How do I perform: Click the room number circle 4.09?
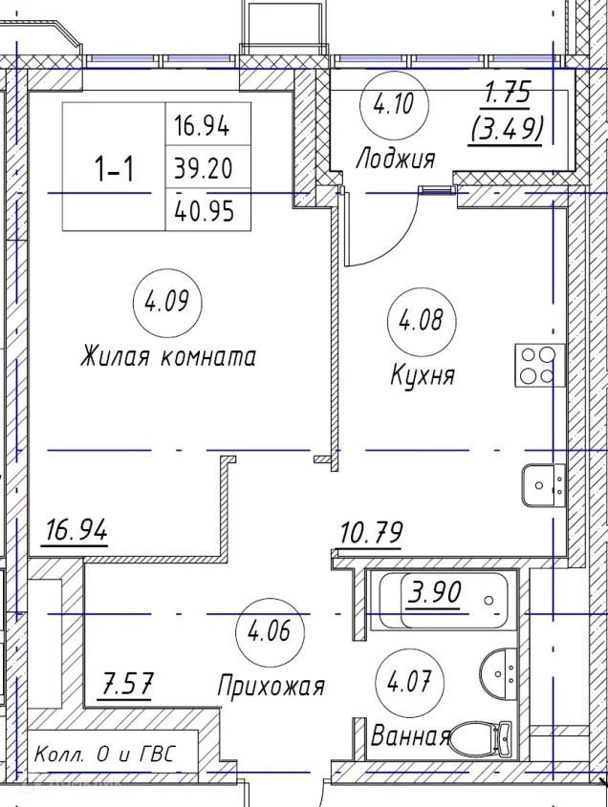click(167, 306)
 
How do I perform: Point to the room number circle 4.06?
click(270, 632)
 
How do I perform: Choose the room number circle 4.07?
click(417, 682)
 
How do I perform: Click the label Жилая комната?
click(168, 358)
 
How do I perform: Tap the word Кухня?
click(422, 375)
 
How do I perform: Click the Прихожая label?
click(271, 686)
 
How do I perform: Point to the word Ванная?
click(410, 736)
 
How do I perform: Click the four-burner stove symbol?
click(535, 365)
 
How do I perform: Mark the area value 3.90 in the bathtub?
click(435, 594)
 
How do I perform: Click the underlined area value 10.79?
click(371, 530)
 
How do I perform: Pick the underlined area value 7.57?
click(128, 685)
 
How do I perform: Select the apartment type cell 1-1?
click(114, 170)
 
